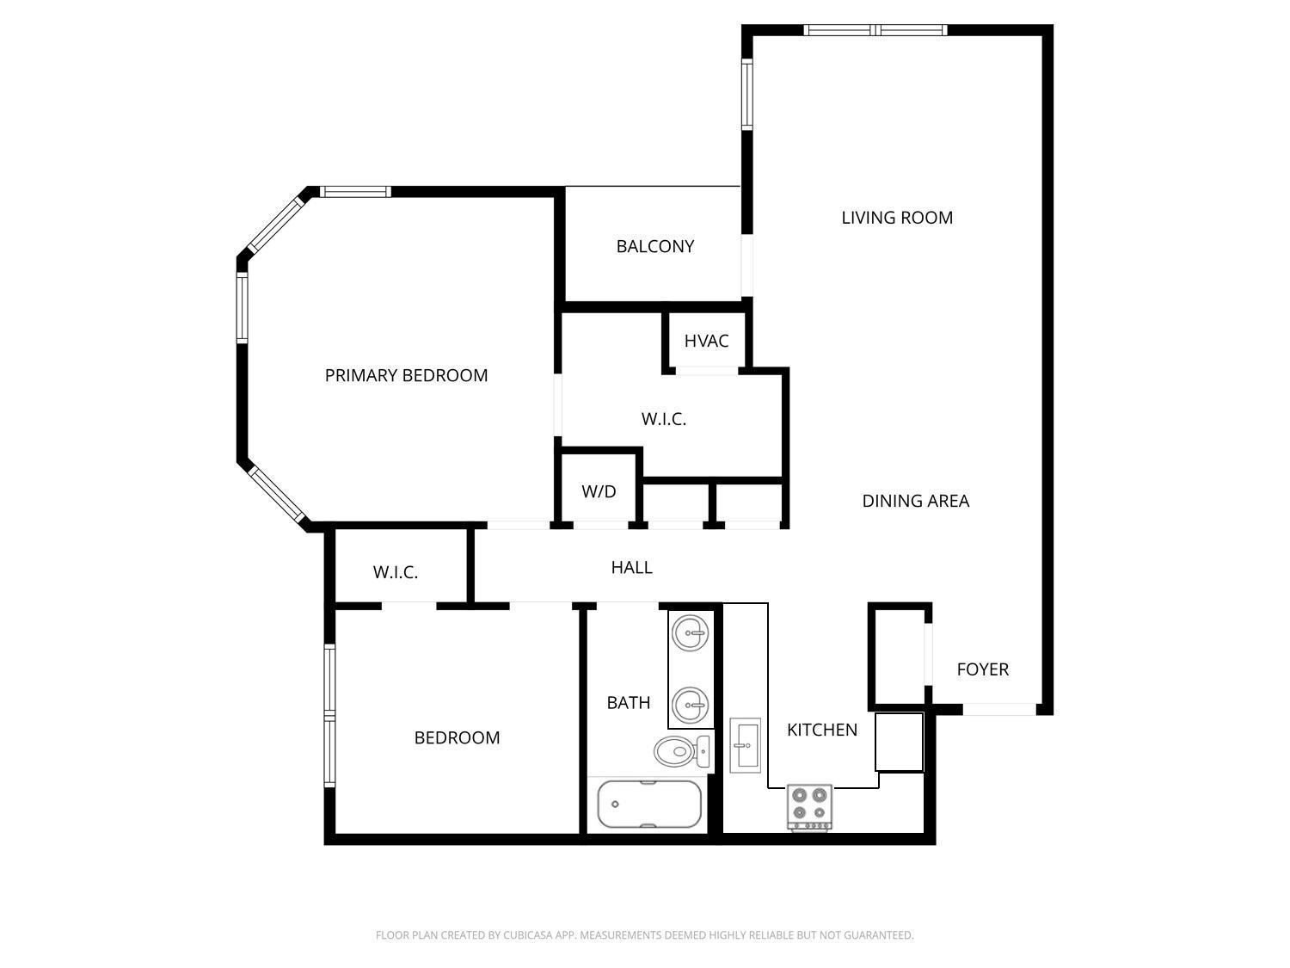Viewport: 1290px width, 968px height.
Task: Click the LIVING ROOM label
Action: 896,218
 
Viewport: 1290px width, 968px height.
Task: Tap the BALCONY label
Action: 654,246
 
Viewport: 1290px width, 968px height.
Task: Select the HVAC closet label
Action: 706,341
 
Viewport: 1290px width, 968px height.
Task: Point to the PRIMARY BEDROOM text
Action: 406,375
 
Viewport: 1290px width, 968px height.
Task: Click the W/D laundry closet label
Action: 599,491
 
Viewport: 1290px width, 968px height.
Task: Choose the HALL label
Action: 631,567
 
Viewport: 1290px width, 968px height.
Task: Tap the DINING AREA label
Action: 915,501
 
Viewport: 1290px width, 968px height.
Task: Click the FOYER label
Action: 982,669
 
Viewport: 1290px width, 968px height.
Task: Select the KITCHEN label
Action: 821,730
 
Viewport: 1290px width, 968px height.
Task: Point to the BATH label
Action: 628,702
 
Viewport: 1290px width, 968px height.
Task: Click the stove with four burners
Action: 810,807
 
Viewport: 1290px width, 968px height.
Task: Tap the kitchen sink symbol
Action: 745,745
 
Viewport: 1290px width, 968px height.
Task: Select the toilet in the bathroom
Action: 682,752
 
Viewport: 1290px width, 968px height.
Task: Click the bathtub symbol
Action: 649,805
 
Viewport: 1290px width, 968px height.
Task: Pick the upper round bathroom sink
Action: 691,635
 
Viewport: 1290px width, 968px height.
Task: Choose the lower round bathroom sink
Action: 691,706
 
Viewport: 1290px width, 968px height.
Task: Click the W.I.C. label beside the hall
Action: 396,572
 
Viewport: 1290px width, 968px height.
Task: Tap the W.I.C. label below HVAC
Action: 663,419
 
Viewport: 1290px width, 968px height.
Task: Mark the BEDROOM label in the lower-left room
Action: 457,737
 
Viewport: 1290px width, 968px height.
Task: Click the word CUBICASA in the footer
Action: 526,935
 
